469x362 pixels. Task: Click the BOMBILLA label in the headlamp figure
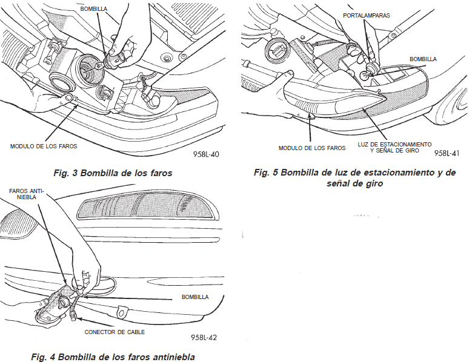point(93,9)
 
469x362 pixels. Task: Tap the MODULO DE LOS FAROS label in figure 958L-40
point(44,146)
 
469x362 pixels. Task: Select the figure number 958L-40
point(206,154)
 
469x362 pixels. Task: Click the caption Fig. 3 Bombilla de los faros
point(113,173)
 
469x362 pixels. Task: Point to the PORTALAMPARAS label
point(367,16)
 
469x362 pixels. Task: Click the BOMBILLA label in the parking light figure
point(423,59)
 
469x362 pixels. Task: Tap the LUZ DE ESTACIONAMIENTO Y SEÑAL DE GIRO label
point(394,147)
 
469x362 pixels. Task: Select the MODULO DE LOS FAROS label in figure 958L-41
point(312,148)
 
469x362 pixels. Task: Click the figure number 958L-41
point(447,153)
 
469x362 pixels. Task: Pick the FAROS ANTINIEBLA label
point(27,194)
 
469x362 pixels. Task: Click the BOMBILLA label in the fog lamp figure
point(195,297)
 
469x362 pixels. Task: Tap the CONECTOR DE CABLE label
point(115,332)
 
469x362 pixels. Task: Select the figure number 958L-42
point(204,338)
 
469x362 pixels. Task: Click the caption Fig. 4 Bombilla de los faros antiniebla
point(113,357)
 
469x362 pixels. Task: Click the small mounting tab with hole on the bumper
point(121,312)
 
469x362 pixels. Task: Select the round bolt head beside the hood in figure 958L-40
point(167,57)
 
